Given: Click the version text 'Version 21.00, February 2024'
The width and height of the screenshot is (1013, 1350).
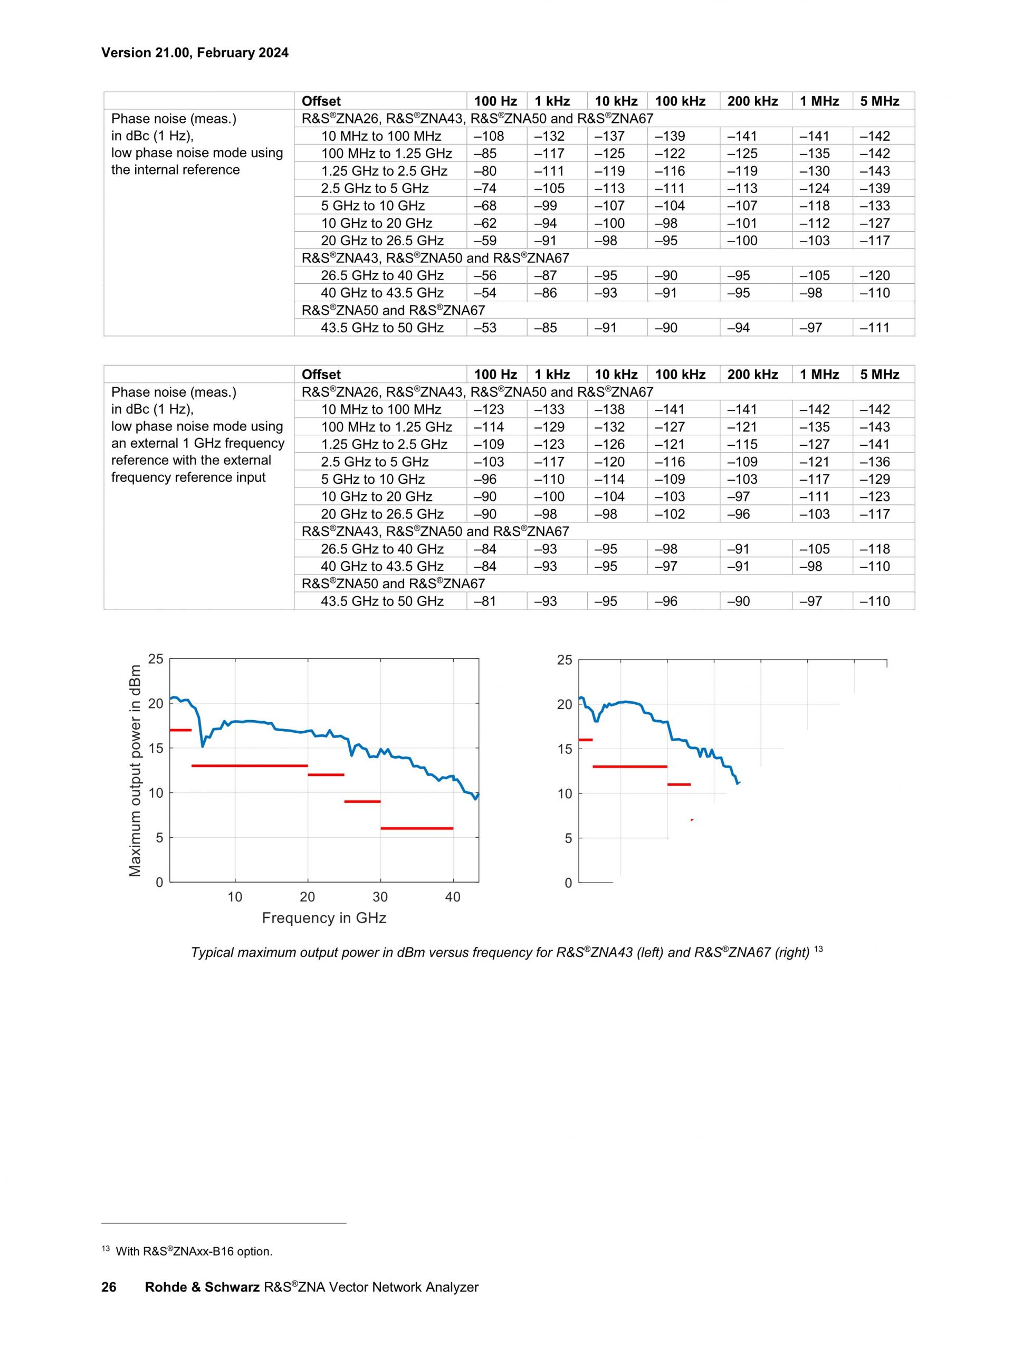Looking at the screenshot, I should tap(195, 53).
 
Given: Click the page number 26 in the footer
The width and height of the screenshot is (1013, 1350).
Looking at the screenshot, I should tap(109, 1287).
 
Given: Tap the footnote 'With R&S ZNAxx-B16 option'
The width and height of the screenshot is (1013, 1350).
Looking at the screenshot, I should tap(194, 1251).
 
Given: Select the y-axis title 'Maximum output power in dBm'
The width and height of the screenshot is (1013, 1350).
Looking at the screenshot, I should tap(135, 771).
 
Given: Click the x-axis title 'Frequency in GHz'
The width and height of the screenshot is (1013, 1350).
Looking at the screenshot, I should tap(324, 918).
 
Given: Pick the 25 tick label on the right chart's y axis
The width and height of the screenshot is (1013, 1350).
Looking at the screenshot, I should tap(565, 660).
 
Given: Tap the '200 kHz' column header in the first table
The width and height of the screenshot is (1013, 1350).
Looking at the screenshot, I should tap(752, 101).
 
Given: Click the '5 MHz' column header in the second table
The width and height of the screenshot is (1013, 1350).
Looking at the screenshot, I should tap(880, 375).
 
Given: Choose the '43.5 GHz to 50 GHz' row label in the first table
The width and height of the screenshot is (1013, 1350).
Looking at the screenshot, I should tap(382, 328).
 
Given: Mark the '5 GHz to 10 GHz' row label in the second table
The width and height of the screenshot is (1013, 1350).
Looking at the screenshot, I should tap(373, 479).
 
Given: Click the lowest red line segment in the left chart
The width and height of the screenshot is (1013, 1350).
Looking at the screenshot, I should tap(417, 828).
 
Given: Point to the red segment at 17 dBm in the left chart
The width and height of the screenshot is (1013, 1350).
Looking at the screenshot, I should tap(180, 730).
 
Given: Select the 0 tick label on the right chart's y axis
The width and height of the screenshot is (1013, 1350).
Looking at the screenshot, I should tap(568, 883).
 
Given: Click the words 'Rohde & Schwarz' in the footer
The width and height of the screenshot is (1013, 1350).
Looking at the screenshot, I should tap(202, 1287).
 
